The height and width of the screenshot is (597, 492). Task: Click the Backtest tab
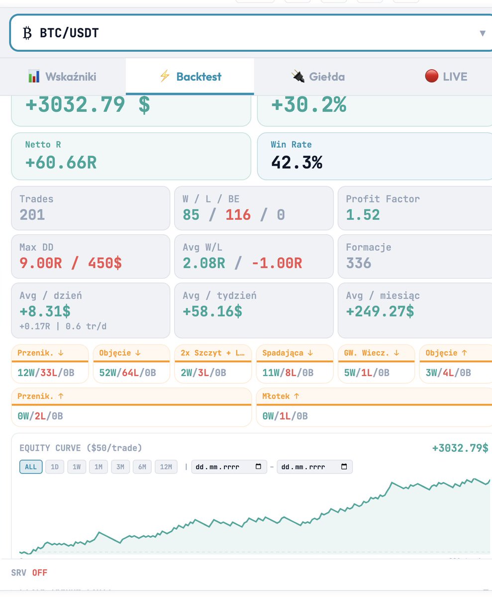[x=190, y=77]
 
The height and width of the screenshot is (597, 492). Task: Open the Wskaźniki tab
[x=62, y=77]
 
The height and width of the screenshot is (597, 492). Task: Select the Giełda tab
[x=318, y=77]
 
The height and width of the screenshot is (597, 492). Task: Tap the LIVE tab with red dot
[x=446, y=77]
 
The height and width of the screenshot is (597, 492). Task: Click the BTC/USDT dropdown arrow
[x=482, y=33]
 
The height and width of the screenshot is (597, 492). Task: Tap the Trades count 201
[x=32, y=215]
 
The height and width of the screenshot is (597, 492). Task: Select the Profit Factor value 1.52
[x=363, y=215]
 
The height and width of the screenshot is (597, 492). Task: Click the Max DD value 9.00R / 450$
[x=70, y=263]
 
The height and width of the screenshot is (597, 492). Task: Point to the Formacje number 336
[x=359, y=263]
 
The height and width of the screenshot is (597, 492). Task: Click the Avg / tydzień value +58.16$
[x=212, y=311]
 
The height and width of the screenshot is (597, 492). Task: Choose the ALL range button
[x=30, y=467]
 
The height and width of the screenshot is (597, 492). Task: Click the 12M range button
[x=166, y=467]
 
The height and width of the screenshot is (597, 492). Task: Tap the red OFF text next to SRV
[x=40, y=573]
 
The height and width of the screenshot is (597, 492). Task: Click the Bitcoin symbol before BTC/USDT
[x=27, y=33]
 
